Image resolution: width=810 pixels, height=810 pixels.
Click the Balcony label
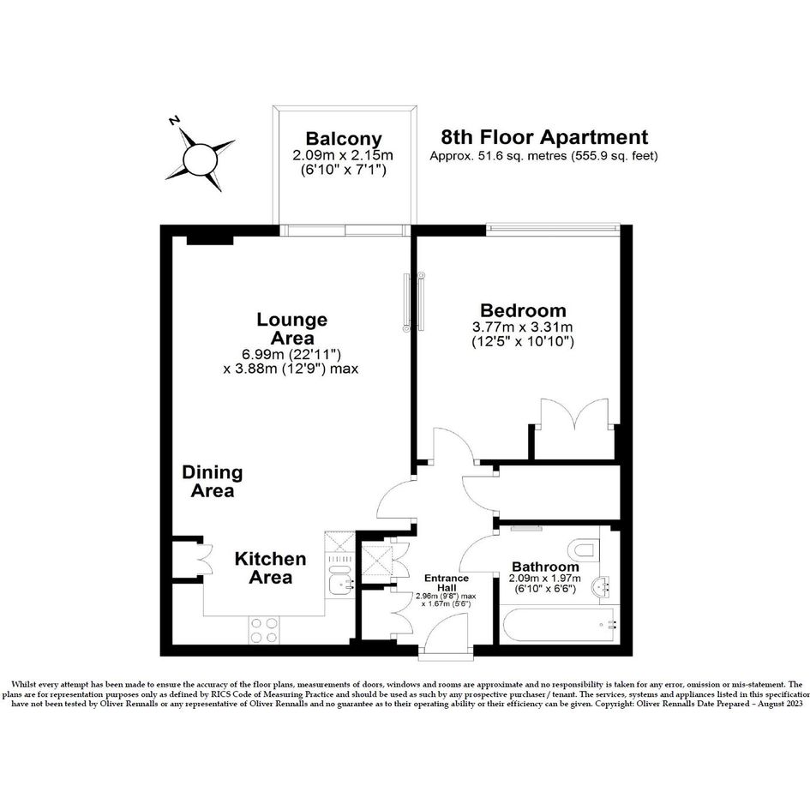344,139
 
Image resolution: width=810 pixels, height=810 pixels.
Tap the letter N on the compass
174,122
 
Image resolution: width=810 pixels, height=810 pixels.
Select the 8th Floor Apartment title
544,137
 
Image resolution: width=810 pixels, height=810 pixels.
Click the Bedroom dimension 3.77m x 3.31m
522,327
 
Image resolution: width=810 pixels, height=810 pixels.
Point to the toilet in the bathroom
584,549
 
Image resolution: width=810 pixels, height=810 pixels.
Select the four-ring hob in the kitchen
265,630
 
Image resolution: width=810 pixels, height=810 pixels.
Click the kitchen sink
340,577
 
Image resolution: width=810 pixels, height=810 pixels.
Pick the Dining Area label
213,481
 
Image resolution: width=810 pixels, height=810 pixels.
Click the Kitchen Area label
270,567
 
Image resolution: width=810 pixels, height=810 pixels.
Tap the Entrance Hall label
447,583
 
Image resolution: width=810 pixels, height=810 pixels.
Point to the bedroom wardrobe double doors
574,413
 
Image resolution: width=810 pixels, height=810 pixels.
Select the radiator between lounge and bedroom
414,303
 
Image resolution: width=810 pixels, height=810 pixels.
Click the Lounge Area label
292,328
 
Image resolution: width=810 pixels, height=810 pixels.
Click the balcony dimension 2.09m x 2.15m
343,154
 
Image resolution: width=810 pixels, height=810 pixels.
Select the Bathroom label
545,567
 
